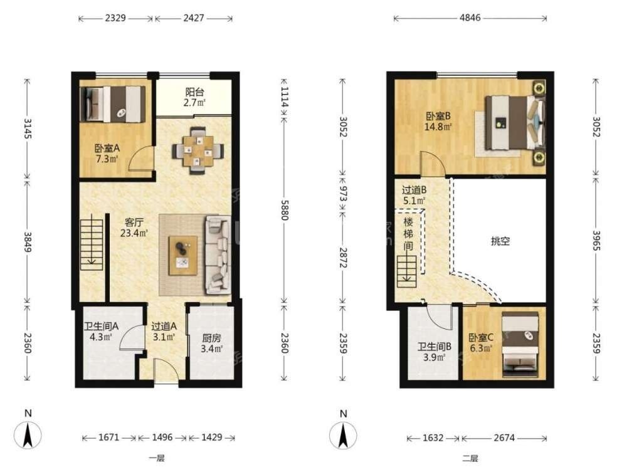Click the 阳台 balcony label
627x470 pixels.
pos(195,92)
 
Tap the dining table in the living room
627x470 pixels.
pos(198,150)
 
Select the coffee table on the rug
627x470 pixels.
pos(182,256)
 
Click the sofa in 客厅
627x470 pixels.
pos(218,255)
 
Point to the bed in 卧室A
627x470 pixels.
pos(112,104)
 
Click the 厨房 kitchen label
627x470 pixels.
pos(211,338)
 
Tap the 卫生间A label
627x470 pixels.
pos(101,326)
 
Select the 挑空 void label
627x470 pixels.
pos(500,241)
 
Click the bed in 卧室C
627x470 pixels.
pos(520,344)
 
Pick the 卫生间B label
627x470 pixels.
pos(435,347)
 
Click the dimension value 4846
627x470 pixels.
pos(470,18)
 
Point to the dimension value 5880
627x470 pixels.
pos(284,210)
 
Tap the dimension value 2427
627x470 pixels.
pos(194,18)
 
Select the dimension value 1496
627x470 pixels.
pos(162,437)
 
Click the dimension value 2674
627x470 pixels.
pos(504,437)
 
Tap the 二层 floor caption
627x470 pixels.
pos(470,459)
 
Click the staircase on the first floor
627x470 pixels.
pos(92,243)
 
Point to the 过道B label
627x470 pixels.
pos(414,190)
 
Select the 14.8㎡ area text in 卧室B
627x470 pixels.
pos(438,127)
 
